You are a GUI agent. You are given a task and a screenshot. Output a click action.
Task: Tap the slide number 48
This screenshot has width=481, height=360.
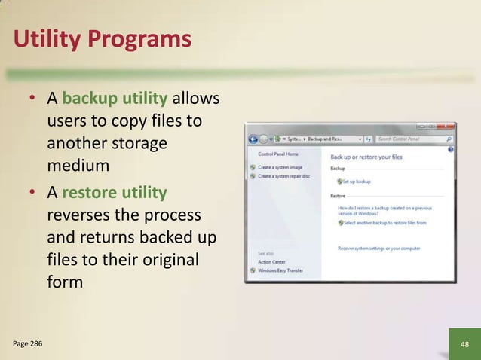tap(464, 344)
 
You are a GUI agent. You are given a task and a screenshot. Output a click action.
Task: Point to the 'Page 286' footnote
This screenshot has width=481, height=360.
tap(28, 344)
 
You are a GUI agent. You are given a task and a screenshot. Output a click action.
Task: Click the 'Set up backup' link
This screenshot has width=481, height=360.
tap(357, 181)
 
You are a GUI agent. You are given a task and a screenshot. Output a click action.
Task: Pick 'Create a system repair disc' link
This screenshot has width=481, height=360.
tap(283, 175)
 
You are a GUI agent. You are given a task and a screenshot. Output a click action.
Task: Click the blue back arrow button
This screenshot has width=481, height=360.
tap(253, 139)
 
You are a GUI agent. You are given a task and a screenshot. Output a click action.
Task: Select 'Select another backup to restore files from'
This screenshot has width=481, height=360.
tap(384, 223)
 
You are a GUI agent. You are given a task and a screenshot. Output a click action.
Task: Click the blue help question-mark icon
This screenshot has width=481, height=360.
tap(450, 149)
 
